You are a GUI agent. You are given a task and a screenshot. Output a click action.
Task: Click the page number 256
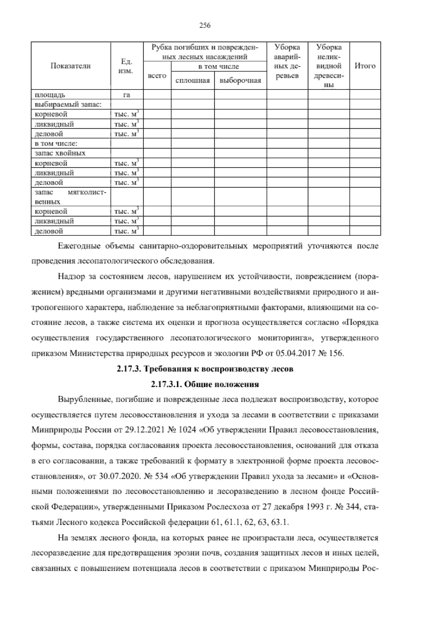tap(204, 25)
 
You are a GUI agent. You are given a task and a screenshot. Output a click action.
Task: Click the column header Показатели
tap(70, 66)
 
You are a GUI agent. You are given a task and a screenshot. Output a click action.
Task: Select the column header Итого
tap(365, 66)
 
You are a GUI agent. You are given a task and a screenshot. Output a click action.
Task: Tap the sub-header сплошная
tap(193, 81)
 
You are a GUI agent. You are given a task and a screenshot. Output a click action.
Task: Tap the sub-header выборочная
tap(240, 81)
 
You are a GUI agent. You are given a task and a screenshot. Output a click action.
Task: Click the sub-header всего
tap(157, 76)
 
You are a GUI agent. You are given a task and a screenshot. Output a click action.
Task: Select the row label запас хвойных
tap(60, 153)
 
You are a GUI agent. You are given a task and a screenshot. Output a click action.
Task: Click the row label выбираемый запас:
tap(67, 105)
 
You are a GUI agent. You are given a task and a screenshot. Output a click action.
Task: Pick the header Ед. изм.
tap(126, 66)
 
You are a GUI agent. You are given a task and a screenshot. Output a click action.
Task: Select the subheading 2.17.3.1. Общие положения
tap(205, 384)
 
